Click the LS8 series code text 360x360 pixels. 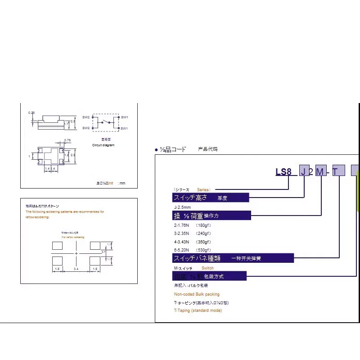click(284, 171)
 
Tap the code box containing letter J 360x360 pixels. click(305, 171)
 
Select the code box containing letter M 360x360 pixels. click(320, 171)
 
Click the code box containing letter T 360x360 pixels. click(338, 171)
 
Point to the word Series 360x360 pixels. click(203, 189)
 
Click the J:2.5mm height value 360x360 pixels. click(183, 207)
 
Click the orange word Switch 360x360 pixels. click(207, 268)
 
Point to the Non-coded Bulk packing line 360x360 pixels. click(197, 294)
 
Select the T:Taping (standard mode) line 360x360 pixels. click(198, 310)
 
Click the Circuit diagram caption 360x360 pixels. click(103, 146)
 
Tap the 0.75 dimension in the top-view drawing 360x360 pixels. click(67, 140)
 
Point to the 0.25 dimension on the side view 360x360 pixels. click(31, 112)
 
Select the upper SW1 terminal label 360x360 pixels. click(125, 117)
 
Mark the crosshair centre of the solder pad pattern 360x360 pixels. click(76, 254)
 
